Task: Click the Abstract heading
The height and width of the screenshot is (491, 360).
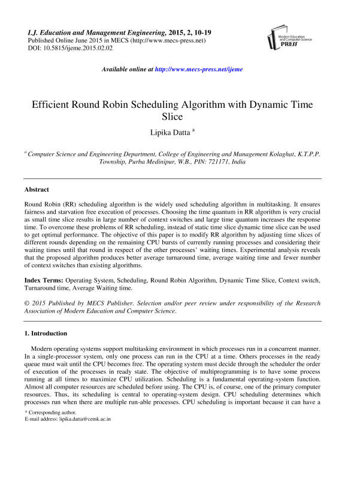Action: click(x=37, y=189)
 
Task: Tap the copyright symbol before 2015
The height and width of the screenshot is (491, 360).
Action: click(x=27, y=303)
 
